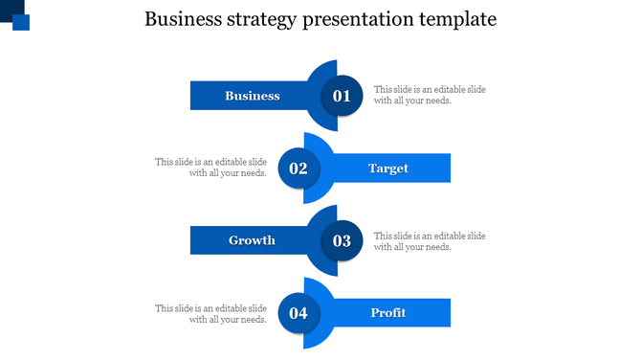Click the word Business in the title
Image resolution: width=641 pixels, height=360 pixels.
pos(187,19)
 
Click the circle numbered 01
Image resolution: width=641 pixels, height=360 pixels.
pos(342,96)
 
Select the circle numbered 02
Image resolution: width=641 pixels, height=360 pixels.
pos(298,169)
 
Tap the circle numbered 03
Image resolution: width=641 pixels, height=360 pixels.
pos(342,241)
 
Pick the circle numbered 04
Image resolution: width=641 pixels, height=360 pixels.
pos(298,313)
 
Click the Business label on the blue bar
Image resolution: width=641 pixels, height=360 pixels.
pos(253,96)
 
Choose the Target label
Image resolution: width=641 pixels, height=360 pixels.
pos(388,169)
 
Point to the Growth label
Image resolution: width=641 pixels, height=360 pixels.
pos(252,240)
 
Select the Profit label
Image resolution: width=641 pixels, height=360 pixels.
pos(388,313)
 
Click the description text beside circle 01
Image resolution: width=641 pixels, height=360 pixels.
pos(430,95)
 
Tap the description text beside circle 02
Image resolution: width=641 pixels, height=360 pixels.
pos(211,168)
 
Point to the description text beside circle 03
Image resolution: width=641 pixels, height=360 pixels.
pos(430,240)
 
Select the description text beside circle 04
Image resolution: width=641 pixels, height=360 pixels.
pos(211,313)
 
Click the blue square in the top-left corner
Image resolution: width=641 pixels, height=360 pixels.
pos(20,21)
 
